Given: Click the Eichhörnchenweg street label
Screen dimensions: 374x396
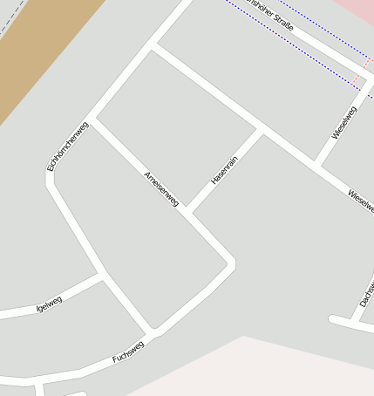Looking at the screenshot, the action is point(68,145).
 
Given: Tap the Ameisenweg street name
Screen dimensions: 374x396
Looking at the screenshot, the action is point(161,188).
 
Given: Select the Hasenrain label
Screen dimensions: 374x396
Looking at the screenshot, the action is point(224,170).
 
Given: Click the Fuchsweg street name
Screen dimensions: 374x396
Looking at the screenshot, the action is point(128,352).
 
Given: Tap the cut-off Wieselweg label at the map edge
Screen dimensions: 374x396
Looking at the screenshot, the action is point(361,201).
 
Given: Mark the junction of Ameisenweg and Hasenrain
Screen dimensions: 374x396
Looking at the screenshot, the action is point(187,213).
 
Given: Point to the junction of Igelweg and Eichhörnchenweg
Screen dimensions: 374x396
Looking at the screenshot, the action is point(103,275).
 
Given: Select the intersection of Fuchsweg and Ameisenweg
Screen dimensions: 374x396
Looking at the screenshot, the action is point(154,332).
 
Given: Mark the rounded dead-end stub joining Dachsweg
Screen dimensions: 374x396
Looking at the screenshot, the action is point(333,319).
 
